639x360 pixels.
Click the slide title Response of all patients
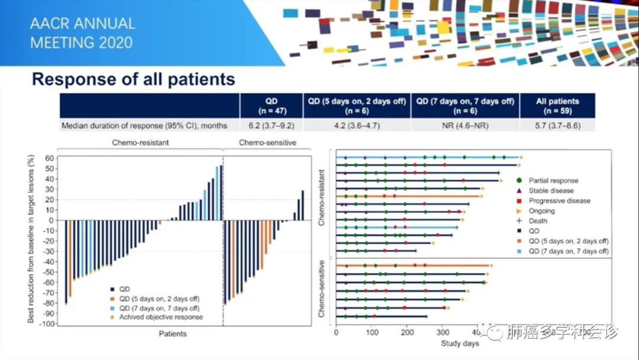(x=133, y=79)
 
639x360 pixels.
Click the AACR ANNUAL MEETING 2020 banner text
(x=82, y=33)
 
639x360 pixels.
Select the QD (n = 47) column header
(x=271, y=105)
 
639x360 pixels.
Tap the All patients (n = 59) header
(x=557, y=105)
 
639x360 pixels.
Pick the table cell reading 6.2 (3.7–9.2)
(x=271, y=126)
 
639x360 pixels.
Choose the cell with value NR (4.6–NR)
(x=464, y=126)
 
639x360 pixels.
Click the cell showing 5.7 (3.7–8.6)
(x=557, y=126)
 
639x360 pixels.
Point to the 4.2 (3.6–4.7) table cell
(x=356, y=126)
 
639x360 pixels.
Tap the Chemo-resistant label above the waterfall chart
(x=140, y=143)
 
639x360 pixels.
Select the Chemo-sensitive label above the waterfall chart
(x=267, y=143)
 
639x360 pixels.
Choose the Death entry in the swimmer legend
(x=538, y=221)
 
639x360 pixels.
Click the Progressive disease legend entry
(x=559, y=201)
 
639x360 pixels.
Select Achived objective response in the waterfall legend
(x=161, y=317)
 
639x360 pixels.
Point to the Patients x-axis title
(x=173, y=333)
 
